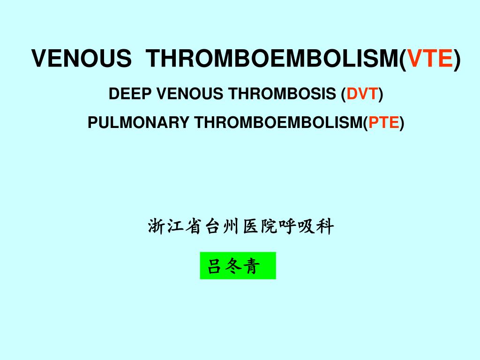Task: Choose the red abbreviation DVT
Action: click(362, 94)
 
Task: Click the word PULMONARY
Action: click(138, 123)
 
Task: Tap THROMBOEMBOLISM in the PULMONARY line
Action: click(278, 123)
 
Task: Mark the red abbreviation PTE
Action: click(383, 123)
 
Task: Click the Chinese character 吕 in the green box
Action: click(214, 267)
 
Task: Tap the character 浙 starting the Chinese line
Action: click(157, 227)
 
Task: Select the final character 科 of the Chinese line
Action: click(325, 227)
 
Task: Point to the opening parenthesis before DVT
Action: click(344, 95)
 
